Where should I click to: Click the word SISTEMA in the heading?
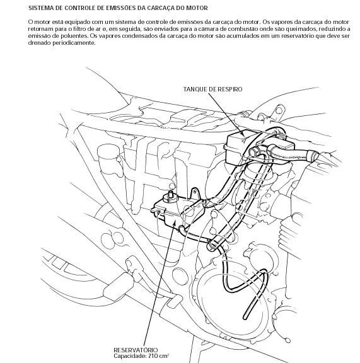tap(38, 8)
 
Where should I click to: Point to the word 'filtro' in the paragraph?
tap(79, 29)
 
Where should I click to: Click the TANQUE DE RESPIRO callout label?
tap(212, 89)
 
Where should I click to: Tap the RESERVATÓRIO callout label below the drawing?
tap(136, 350)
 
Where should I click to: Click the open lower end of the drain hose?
tap(245, 317)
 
